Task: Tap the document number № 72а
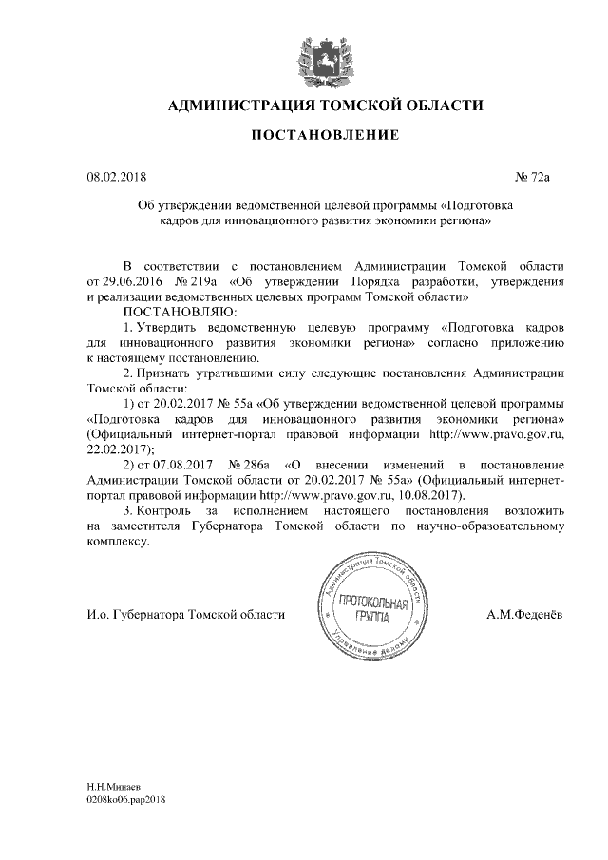[533, 177]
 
